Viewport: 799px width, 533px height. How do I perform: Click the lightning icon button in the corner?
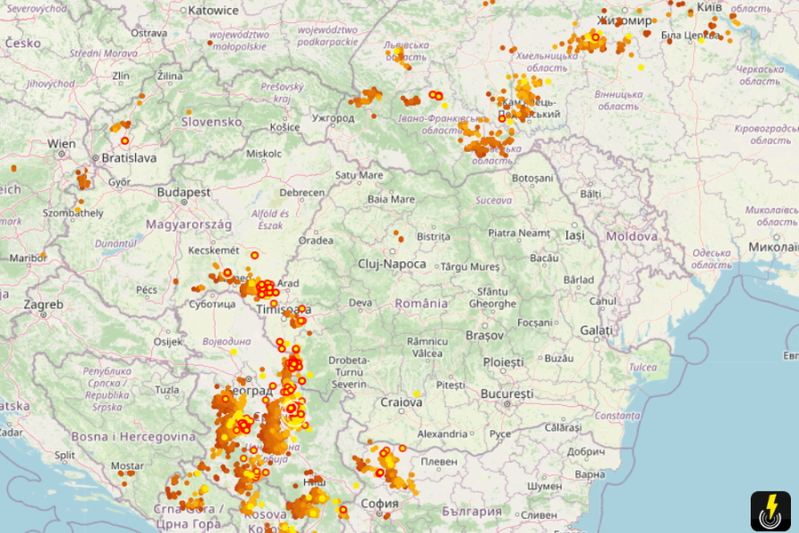coord(770,512)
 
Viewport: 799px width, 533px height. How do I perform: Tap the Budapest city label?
coord(183,192)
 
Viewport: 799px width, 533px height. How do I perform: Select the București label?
coord(506,393)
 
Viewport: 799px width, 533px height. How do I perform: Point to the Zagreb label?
coord(43,304)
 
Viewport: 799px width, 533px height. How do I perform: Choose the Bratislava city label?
coord(129,158)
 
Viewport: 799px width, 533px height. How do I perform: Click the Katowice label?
coord(213,11)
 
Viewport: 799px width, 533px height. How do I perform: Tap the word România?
coord(421,303)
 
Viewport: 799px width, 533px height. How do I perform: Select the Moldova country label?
coord(632,236)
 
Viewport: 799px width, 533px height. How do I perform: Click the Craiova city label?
coord(401,402)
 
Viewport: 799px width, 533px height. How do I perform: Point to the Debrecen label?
coord(302,192)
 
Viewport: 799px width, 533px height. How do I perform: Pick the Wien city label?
coord(62,143)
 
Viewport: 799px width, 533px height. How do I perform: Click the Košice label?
coord(285,127)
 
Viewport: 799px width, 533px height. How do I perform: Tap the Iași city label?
coord(574,235)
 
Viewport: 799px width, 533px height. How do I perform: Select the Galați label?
coord(596,331)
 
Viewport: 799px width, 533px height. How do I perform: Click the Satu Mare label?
coord(359,175)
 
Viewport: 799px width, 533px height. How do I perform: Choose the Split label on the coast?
coord(64,455)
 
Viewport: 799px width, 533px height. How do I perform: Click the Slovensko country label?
coord(212,122)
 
